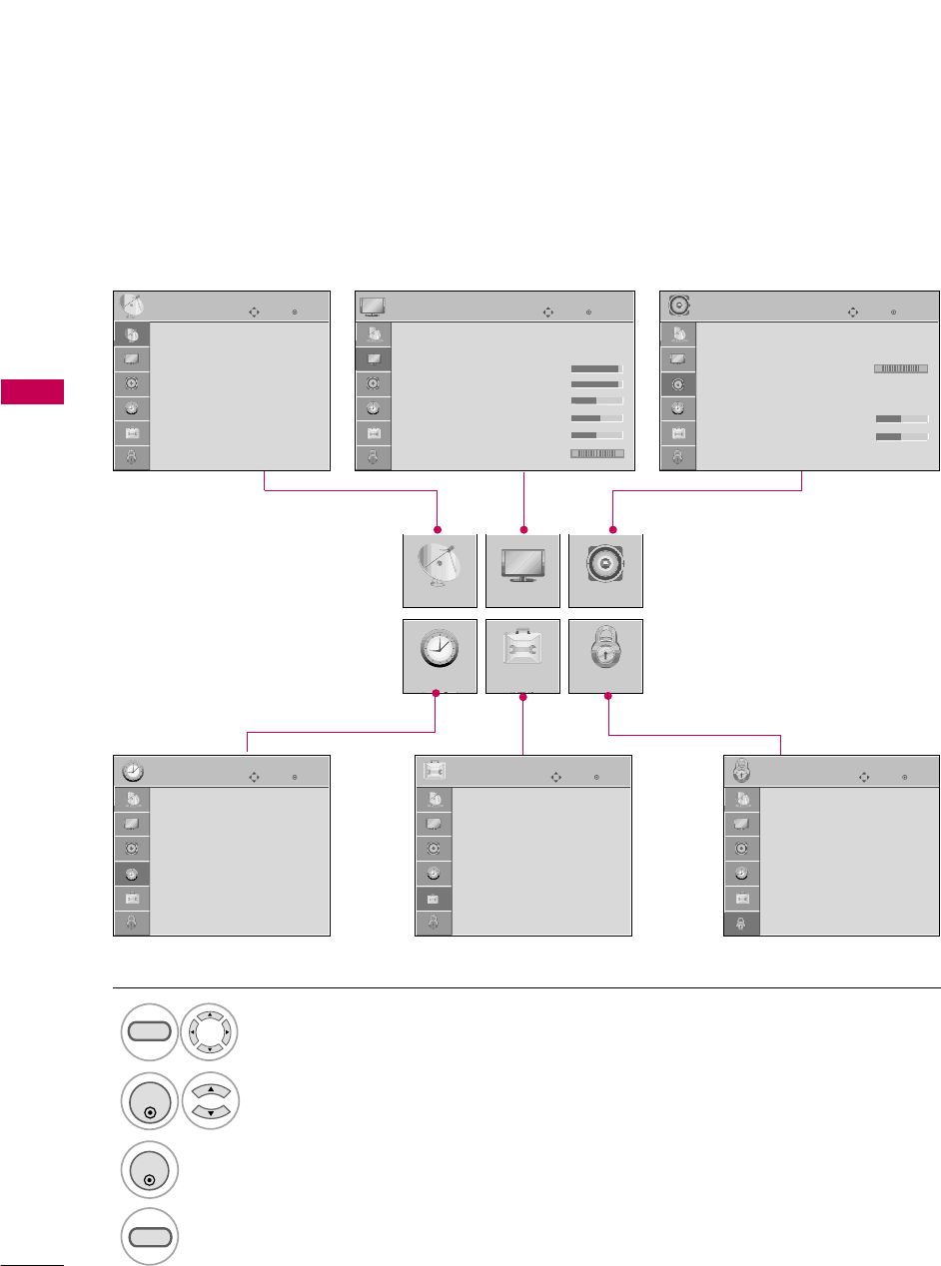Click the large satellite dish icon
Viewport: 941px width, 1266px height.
coord(440,571)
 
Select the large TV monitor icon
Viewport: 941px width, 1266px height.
coord(522,570)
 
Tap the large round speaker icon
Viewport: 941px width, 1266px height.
coord(605,570)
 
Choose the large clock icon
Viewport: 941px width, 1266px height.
coord(440,655)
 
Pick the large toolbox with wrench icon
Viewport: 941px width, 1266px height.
coord(522,656)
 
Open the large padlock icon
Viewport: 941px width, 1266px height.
coord(605,655)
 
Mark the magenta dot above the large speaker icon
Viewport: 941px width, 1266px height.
coord(613,528)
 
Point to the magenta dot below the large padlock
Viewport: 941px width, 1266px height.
coord(607,697)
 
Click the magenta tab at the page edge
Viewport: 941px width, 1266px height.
coord(32,391)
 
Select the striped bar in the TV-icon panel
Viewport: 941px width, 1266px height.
coord(596,453)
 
